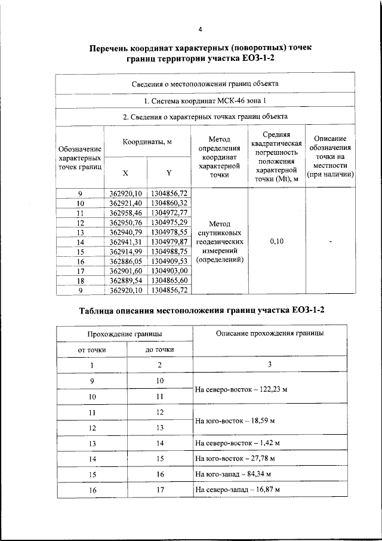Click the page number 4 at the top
(201, 29)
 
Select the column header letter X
(125, 173)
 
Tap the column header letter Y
(168, 173)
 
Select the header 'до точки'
(160, 349)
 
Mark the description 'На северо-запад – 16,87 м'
(238, 490)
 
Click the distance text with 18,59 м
(235, 421)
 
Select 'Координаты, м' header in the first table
(147, 142)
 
